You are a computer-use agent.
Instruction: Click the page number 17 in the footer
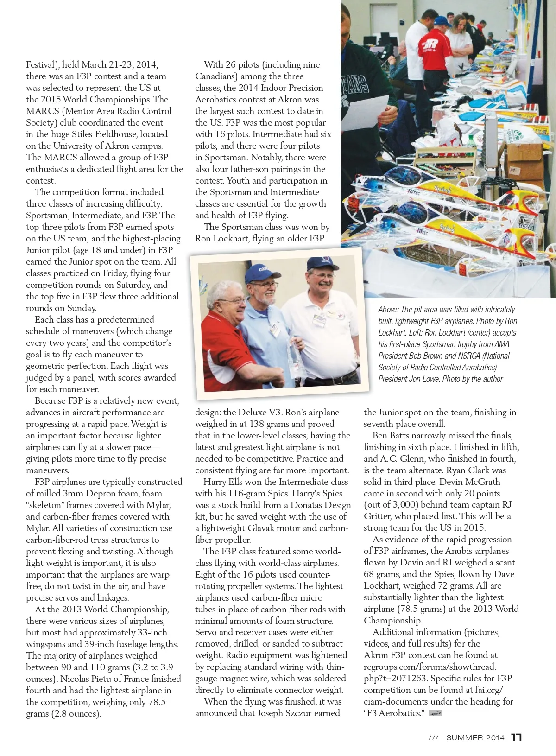(517, 737)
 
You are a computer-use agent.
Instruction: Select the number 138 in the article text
(257, 424)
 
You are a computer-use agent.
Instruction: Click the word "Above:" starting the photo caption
(388, 310)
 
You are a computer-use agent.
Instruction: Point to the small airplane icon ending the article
(435, 713)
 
